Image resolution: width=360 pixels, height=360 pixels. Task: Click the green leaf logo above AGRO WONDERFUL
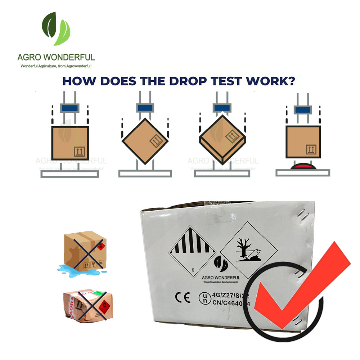56,29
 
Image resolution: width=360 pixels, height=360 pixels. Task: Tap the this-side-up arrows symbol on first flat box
79,152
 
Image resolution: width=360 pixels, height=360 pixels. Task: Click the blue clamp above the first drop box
69,108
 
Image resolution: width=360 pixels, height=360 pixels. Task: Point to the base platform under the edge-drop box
145,174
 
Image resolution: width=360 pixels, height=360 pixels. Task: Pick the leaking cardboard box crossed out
85,252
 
